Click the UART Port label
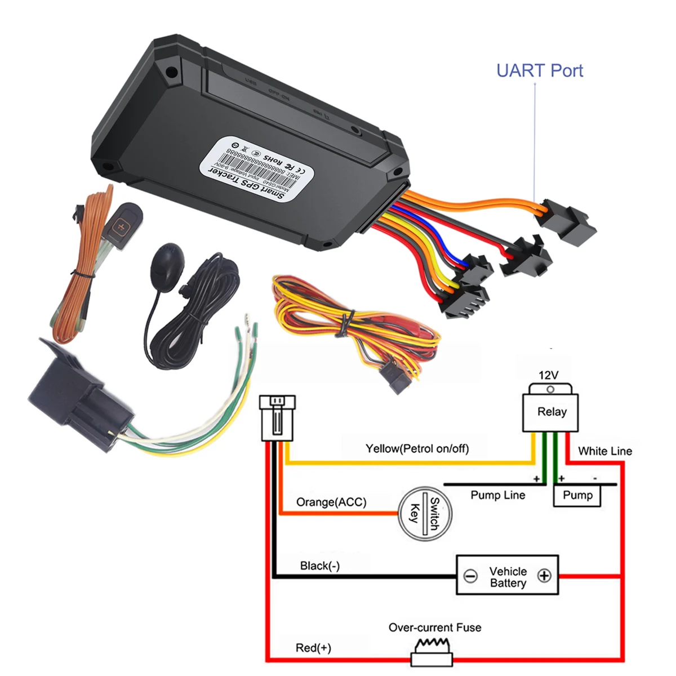(539, 71)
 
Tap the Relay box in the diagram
(550, 412)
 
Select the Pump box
(577, 496)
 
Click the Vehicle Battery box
(507, 576)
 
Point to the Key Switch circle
(425, 513)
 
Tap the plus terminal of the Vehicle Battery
(544, 576)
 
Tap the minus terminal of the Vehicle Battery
(470, 576)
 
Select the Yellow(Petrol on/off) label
(417, 448)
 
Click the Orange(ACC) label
(331, 502)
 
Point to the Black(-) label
(320, 566)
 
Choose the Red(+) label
(313, 648)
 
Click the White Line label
(605, 451)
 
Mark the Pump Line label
(498, 495)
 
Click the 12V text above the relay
(549, 375)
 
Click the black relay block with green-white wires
(79, 394)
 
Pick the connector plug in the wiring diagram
(277, 417)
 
